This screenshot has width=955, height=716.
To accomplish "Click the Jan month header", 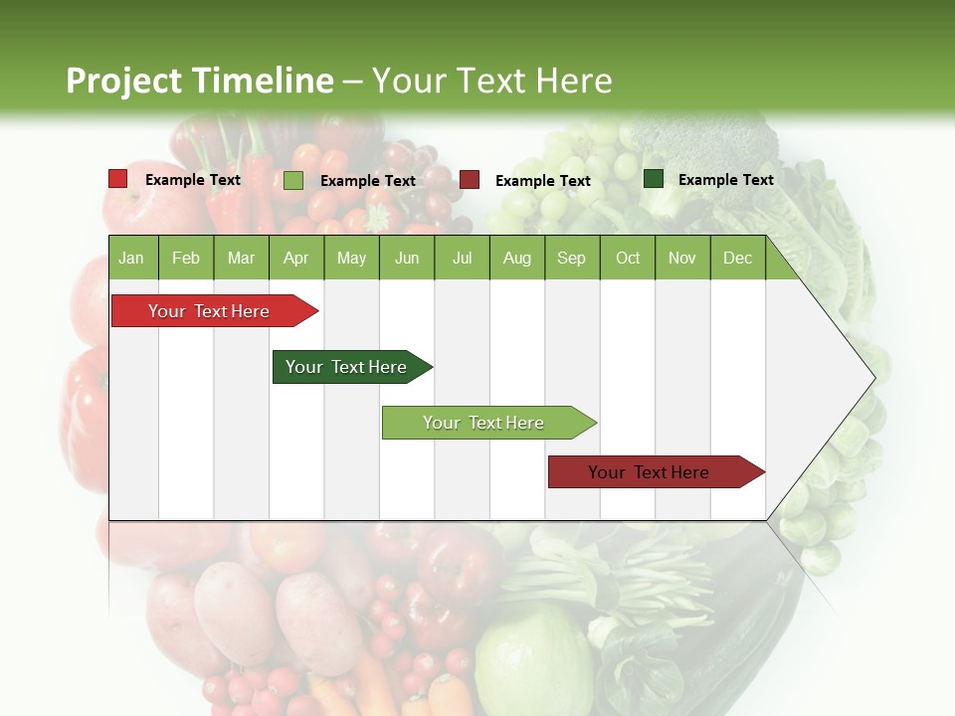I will click(x=131, y=258).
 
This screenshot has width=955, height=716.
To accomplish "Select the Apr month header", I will click(x=295, y=258).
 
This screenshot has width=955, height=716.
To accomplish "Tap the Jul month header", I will click(x=462, y=258).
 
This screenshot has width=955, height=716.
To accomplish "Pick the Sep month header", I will click(x=571, y=258).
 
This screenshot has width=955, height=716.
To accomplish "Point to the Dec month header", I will click(x=737, y=258).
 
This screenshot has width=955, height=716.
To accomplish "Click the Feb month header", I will click(x=186, y=258).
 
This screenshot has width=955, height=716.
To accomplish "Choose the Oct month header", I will click(x=628, y=258).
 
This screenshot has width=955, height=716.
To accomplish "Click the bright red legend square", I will click(x=118, y=179).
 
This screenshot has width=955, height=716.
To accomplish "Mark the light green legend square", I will click(x=293, y=180).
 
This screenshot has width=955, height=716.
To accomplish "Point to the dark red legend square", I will click(x=470, y=180).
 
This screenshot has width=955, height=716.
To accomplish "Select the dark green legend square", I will click(x=654, y=179).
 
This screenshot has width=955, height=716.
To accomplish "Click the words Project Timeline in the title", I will click(x=200, y=81).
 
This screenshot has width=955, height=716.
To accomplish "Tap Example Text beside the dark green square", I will click(x=725, y=180).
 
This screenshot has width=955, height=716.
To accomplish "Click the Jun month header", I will click(x=407, y=258).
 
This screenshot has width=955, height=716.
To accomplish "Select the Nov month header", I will click(x=682, y=258).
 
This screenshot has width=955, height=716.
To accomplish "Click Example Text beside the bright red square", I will click(x=193, y=180).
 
